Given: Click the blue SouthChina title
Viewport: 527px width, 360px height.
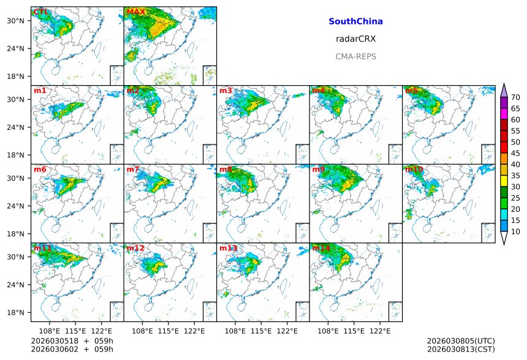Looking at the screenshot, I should point(355,21).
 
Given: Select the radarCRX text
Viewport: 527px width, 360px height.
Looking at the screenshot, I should point(355,39).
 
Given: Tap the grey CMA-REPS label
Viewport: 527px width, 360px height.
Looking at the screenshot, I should point(355,56).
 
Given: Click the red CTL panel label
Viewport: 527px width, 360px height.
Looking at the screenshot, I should point(41,12).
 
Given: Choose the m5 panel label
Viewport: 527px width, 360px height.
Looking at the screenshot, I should point(411,91).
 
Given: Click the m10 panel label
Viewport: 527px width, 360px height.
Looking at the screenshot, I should point(414,169).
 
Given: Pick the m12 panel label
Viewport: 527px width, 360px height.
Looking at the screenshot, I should point(135,248).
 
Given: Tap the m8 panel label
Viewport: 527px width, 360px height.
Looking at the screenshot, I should point(226,169).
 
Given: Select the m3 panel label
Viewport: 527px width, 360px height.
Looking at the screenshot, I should point(226,91).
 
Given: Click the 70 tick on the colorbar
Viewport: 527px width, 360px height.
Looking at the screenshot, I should point(515,97).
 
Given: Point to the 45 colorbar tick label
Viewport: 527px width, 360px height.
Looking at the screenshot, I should point(515,153).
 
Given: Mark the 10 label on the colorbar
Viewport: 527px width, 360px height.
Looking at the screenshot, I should point(515,231).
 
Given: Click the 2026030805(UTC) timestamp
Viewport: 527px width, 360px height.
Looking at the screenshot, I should point(460,341).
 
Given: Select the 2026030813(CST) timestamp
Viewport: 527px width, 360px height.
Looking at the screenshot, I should point(460,350).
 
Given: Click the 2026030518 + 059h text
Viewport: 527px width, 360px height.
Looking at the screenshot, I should point(64,341).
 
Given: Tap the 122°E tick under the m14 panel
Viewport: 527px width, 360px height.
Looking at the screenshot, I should point(380,331).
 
